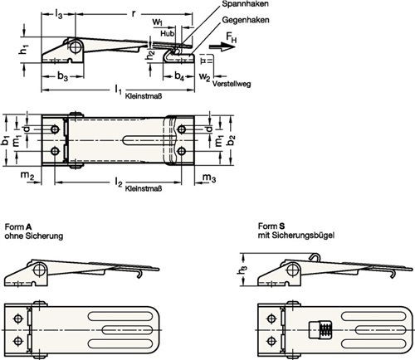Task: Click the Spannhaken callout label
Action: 245,4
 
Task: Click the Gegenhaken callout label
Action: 246,20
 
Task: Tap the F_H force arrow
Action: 222,46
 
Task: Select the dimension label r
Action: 134,13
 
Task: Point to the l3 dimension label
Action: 58,13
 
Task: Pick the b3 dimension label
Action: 62,75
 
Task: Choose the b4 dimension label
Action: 179,75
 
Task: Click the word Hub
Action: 168,34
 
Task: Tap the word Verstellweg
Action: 232,84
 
